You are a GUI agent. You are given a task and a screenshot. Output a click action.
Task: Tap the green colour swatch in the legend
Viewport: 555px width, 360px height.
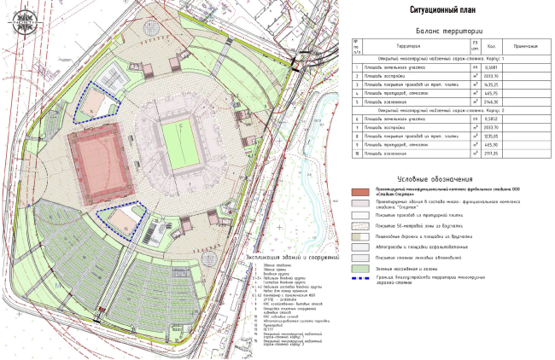click(360, 268)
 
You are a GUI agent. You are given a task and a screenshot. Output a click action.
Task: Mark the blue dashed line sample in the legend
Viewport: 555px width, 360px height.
click(360, 279)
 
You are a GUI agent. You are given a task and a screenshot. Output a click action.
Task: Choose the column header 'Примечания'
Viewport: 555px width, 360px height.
click(523, 45)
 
